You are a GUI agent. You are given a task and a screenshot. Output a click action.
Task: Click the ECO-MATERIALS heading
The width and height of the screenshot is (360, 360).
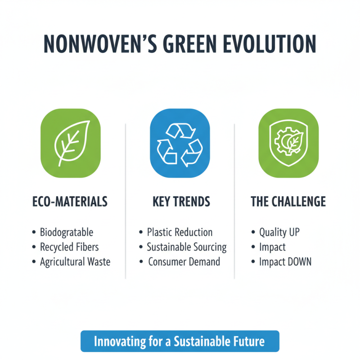(70, 202)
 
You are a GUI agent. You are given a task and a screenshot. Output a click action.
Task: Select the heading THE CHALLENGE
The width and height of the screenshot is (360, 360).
(288, 202)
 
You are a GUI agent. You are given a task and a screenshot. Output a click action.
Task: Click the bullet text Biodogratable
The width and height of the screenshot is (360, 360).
(67, 233)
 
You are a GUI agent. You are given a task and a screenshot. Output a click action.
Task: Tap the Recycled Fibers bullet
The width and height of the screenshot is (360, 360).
(69, 247)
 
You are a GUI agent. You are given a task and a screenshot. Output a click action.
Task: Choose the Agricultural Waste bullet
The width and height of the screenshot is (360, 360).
(75, 261)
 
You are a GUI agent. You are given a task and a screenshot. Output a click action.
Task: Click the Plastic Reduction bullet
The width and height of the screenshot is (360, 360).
(180, 233)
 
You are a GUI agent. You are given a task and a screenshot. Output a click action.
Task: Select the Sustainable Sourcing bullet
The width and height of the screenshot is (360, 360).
(187, 247)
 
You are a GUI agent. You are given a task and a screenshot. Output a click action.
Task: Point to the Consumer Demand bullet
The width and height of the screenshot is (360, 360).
(184, 261)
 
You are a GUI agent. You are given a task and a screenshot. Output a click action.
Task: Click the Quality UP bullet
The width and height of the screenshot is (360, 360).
(279, 233)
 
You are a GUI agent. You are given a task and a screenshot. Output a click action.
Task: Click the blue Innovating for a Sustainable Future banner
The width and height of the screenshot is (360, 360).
(180, 341)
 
